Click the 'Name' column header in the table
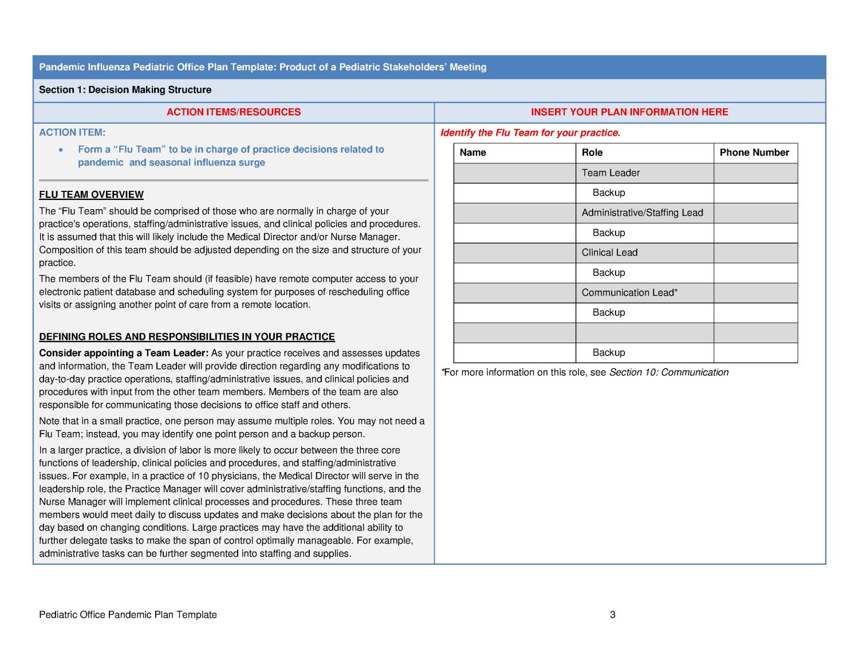(x=473, y=153)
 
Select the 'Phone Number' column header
(x=754, y=153)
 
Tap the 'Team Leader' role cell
(x=610, y=173)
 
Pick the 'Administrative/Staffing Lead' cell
(x=642, y=213)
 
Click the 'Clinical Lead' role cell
(x=609, y=253)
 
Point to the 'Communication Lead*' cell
(x=629, y=293)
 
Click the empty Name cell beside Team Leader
(x=514, y=173)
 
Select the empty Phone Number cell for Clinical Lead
(x=755, y=253)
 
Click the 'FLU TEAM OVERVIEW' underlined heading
(x=91, y=195)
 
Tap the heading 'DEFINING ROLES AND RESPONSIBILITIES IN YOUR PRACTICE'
(x=187, y=337)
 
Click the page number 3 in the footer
(x=613, y=615)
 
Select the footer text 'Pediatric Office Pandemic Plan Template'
(x=128, y=615)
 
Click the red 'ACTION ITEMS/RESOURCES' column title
(x=234, y=112)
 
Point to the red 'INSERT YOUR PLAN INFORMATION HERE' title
(x=629, y=112)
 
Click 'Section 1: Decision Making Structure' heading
(x=125, y=90)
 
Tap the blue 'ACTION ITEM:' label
(x=72, y=133)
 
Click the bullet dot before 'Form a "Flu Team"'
(x=61, y=150)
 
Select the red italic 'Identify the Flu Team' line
(x=530, y=133)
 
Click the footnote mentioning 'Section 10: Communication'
(x=585, y=372)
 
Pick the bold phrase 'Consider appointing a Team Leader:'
(x=124, y=353)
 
